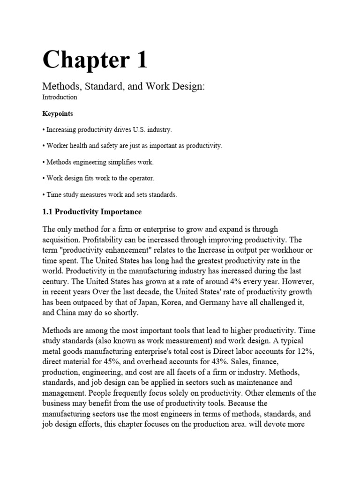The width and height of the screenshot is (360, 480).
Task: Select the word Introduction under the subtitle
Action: tap(60, 97)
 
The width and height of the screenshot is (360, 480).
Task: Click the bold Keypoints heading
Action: tap(58, 113)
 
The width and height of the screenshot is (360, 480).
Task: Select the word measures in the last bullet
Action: tap(91, 195)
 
